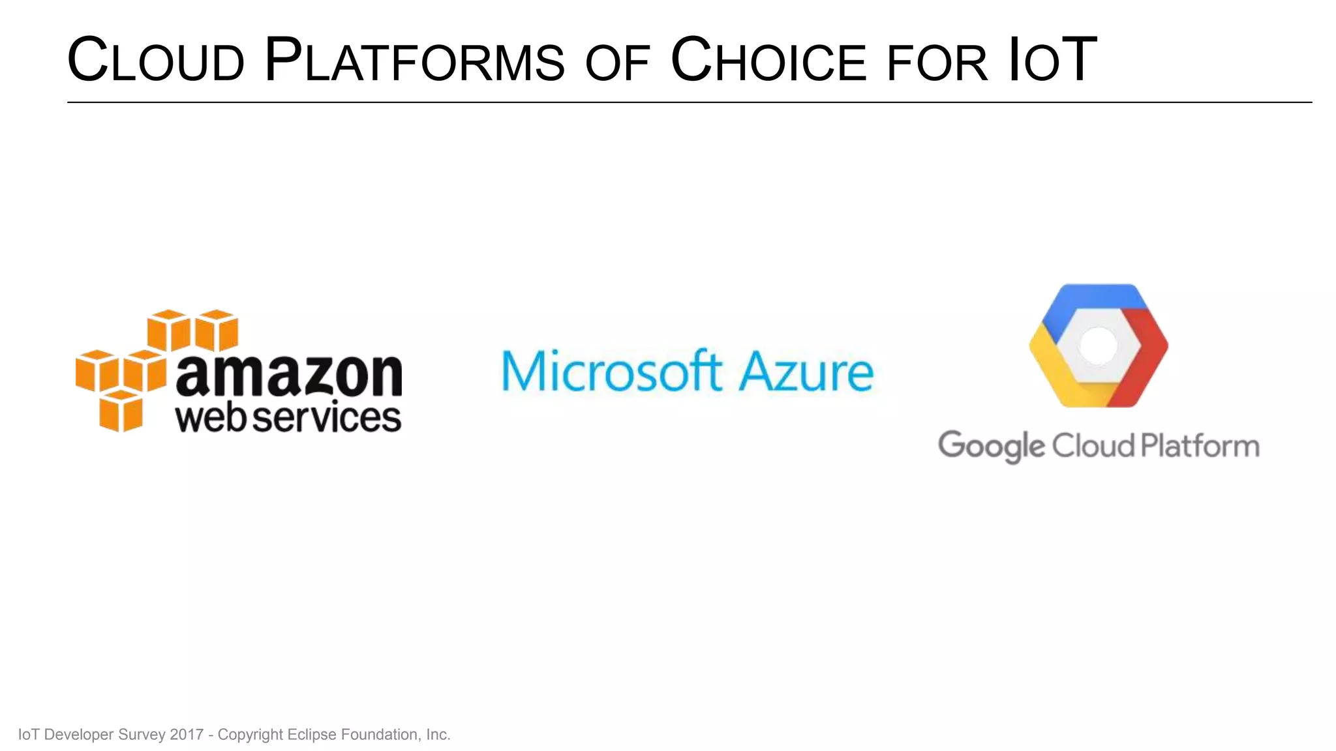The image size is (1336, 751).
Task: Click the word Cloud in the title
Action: (156, 61)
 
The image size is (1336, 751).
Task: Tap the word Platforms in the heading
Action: (414, 61)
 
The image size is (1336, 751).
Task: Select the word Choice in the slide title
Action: (768, 61)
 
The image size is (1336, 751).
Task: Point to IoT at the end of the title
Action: (1052, 61)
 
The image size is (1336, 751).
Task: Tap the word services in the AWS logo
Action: (326, 417)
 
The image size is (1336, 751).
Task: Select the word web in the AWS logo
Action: (212, 417)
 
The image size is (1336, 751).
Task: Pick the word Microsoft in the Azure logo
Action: (611, 371)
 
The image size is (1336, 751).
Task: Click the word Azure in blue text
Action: (806, 371)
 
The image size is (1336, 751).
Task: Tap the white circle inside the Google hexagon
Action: (1099, 345)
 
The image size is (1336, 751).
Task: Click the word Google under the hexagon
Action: (991, 447)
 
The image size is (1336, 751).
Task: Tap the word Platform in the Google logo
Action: (1200, 446)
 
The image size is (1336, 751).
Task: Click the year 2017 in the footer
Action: (187, 735)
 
